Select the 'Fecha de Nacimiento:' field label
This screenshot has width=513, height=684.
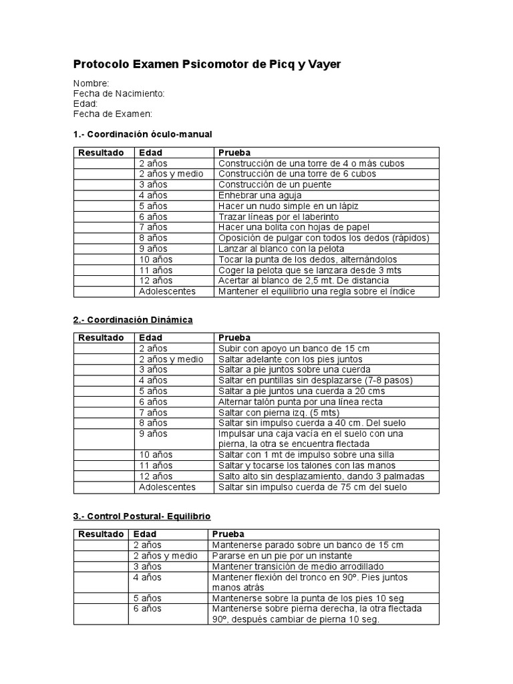coord(119,94)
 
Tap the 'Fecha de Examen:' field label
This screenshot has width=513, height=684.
coord(113,114)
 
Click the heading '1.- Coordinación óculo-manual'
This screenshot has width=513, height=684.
coord(142,134)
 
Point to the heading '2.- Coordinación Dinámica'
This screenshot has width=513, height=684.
coord(133,320)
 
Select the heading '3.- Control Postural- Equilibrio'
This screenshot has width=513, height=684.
coord(142,516)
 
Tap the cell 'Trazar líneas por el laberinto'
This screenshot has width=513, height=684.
coord(279,216)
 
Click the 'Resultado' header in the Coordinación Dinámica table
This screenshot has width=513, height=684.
coord(101,338)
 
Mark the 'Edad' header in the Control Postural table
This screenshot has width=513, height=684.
coord(145,534)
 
